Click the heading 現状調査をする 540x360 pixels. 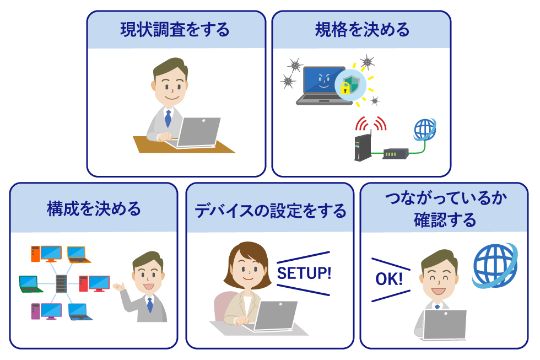click(x=175, y=30)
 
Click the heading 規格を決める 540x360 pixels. click(x=362, y=30)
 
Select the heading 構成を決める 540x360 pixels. click(x=94, y=209)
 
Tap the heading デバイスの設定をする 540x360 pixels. click(x=271, y=211)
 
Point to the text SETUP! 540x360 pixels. click(x=304, y=273)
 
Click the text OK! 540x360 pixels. click(x=389, y=279)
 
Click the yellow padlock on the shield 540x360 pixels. click(x=345, y=88)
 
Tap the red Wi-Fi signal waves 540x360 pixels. click(x=370, y=123)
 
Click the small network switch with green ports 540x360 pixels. click(x=396, y=154)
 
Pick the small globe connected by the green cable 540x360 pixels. click(x=425, y=130)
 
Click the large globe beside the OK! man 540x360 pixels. click(x=495, y=266)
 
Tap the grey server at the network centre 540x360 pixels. click(x=61, y=283)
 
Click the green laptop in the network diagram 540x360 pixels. click(x=30, y=284)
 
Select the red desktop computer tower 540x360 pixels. click(x=83, y=283)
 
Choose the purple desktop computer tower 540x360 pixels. click(x=35, y=311)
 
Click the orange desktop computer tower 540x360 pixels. click(x=35, y=254)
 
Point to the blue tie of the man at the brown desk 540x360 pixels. click(x=168, y=118)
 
